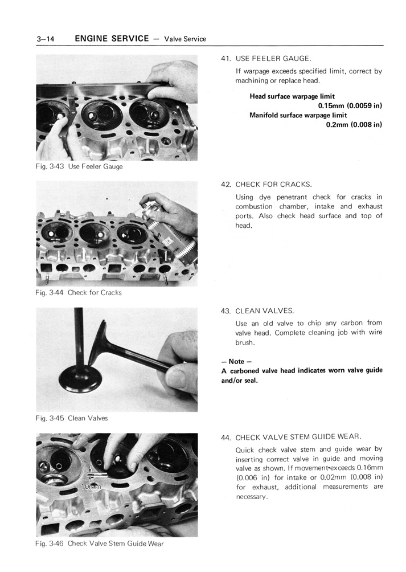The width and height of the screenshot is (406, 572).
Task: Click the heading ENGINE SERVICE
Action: coord(113,39)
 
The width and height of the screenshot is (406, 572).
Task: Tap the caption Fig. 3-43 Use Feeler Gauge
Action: coord(79,167)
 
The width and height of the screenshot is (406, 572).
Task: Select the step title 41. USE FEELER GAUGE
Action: coord(266,59)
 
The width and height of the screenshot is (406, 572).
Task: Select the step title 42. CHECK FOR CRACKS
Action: coord(266,185)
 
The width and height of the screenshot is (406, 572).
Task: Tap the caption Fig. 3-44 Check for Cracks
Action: coord(78,293)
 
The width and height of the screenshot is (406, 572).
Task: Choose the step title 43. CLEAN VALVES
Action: coord(257,311)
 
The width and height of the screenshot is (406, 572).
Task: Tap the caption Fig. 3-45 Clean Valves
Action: coord(71,418)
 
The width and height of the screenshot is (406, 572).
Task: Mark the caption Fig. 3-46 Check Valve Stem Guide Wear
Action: coord(99,544)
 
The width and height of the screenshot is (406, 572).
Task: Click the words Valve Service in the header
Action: coord(184,39)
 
